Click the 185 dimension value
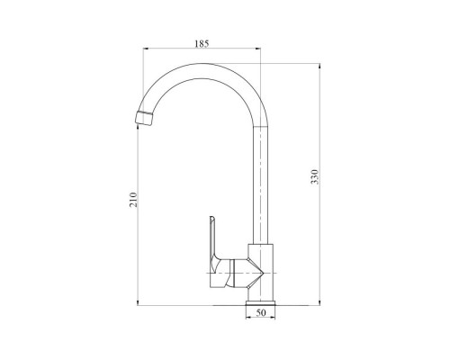pos(202,44)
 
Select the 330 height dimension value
pos(315,176)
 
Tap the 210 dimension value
pos(133,200)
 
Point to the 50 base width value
pos(261,312)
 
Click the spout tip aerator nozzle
pos(144,118)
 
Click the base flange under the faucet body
pos(260,303)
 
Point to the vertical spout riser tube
pos(260,185)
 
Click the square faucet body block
pos(260,272)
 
